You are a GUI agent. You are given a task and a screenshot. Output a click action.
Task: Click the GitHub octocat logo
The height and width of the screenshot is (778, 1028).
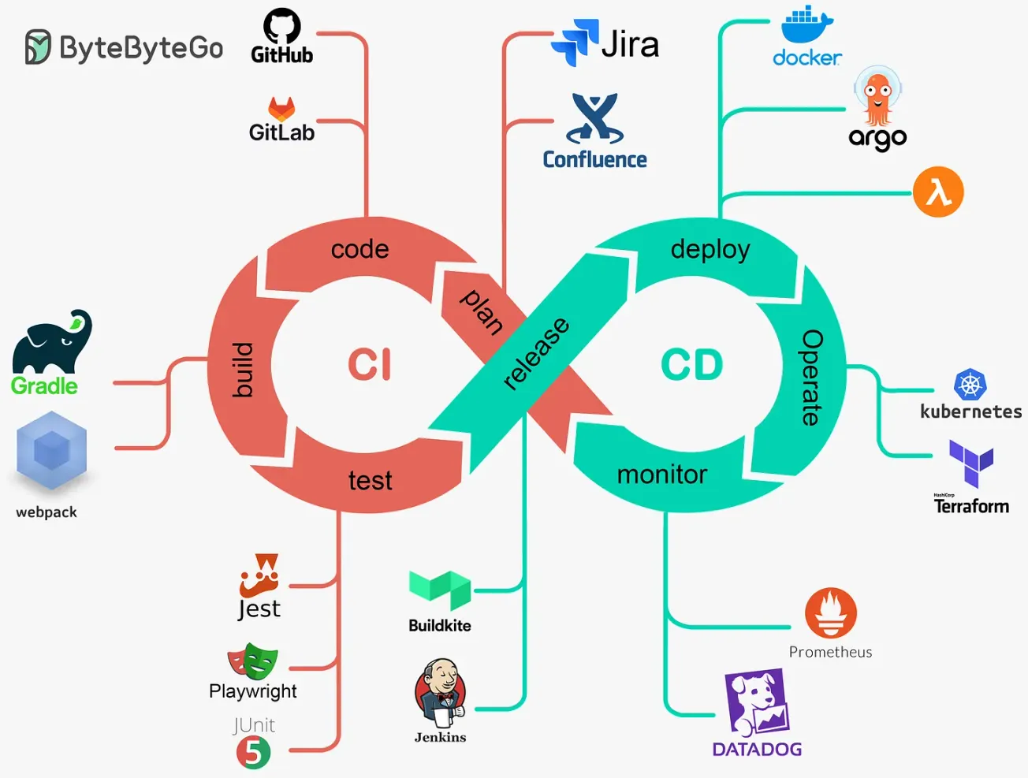point(281,27)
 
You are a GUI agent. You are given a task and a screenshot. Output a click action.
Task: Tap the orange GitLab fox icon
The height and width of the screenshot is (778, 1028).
point(281,109)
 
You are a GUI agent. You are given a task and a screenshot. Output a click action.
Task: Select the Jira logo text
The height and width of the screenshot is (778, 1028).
point(629,44)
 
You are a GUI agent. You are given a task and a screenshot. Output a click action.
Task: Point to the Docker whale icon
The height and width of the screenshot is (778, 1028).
point(806,25)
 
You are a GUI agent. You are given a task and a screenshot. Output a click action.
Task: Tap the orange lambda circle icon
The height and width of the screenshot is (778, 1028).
point(938,192)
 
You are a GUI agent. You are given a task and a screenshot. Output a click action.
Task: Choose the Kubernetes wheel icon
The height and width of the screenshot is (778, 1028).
point(970,385)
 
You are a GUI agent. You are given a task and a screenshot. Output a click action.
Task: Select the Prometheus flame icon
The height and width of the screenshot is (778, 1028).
point(831,612)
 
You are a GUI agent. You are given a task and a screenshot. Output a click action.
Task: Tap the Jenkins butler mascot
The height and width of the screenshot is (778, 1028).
point(440,693)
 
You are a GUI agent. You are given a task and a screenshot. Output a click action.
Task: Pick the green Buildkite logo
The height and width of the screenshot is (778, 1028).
point(440,590)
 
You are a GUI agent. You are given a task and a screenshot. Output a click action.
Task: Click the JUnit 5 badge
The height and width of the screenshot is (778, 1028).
point(253,753)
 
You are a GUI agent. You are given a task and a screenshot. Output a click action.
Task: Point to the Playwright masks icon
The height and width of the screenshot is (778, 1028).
point(253,661)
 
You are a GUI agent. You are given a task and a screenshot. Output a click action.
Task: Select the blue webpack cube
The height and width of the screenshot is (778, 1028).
point(52,452)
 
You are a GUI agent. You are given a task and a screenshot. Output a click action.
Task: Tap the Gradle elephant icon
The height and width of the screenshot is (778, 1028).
point(52,342)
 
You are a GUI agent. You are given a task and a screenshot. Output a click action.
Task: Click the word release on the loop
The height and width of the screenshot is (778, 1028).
point(535,353)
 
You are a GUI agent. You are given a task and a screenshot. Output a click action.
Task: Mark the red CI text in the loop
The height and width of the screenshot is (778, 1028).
point(370,365)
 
